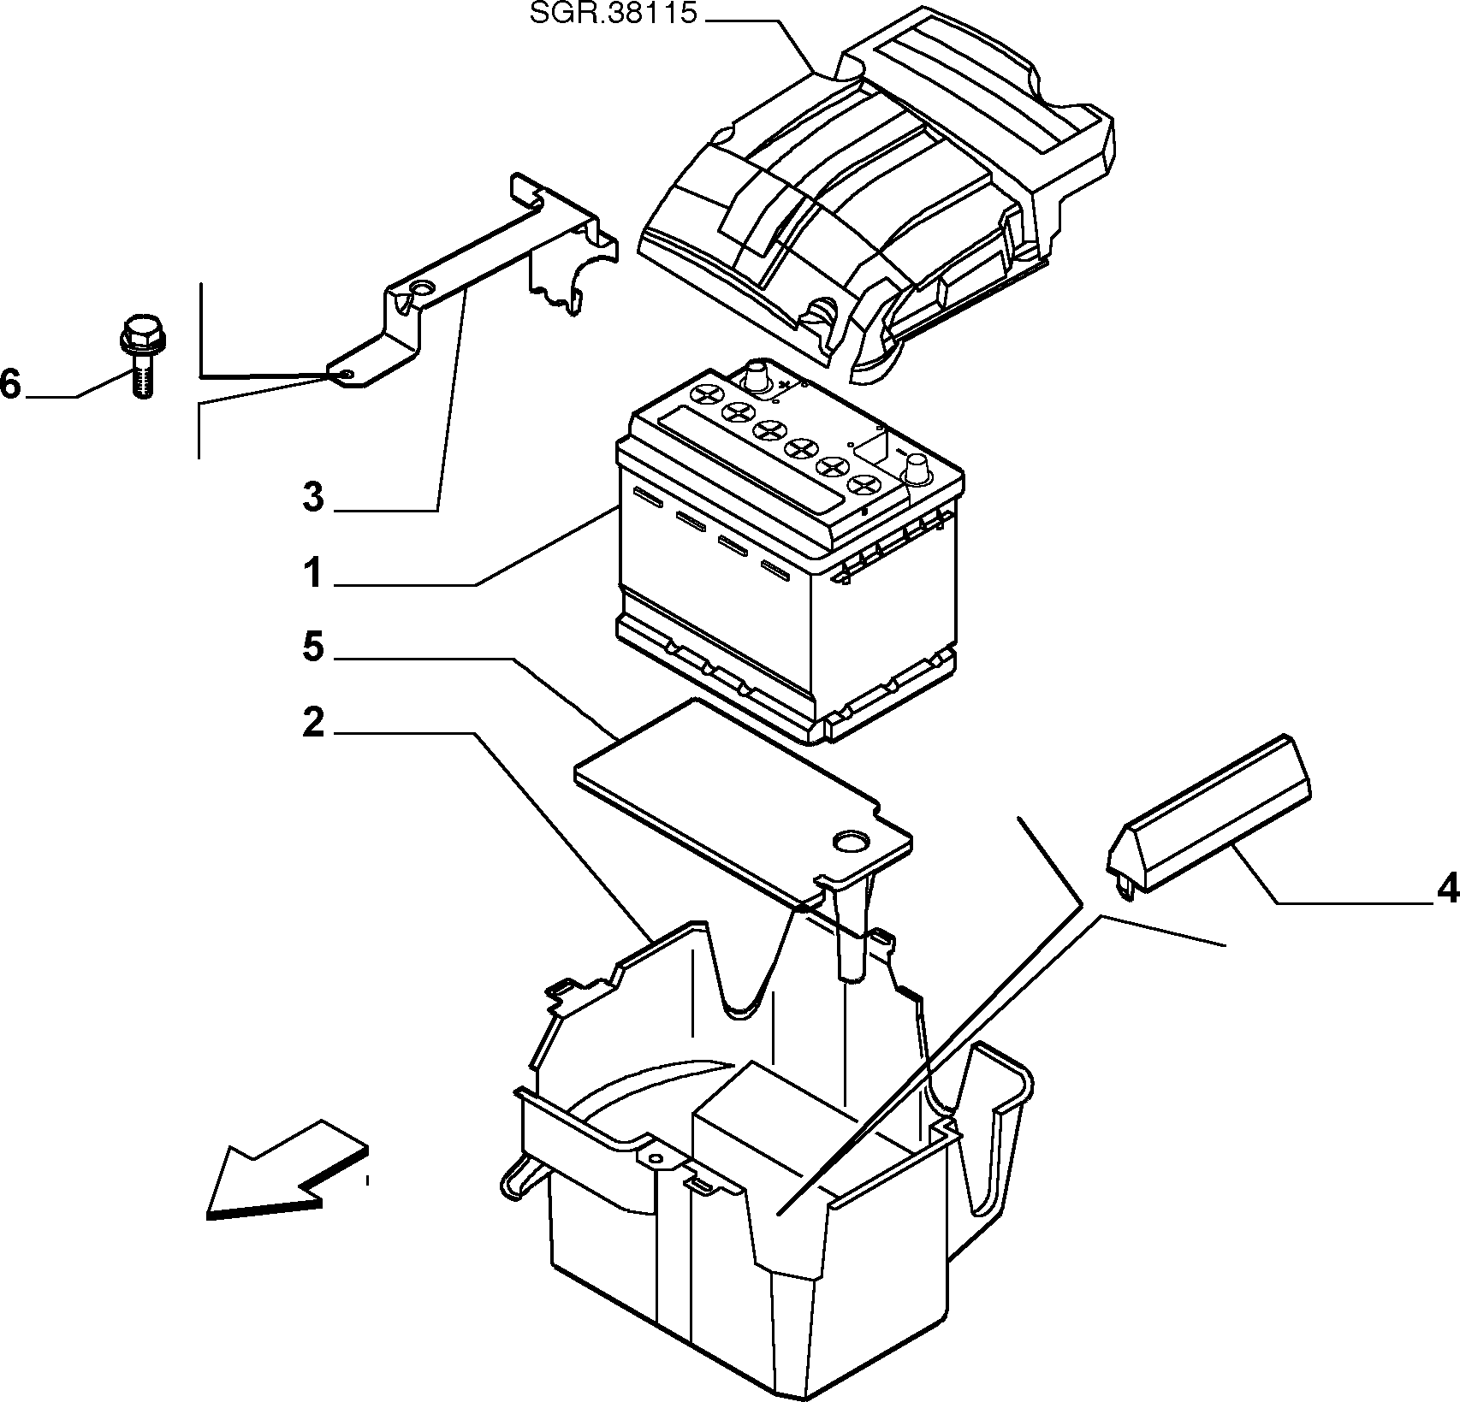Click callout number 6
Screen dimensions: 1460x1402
(x=9, y=385)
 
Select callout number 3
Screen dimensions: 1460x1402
(x=313, y=497)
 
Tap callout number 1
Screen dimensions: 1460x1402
(x=314, y=572)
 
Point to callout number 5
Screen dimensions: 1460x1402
(x=313, y=648)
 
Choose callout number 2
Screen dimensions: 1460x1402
(x=313, y=724)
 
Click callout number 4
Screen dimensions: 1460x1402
(x=1447, y=890)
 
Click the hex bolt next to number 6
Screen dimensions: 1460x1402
(x=139, y=357)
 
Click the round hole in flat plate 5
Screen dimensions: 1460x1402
(x=852, y=842)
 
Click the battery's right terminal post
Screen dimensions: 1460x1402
(x=918, y=470)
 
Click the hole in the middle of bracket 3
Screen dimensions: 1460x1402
(x=421, y=286)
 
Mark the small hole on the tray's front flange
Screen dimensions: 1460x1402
(x=656, y=1158)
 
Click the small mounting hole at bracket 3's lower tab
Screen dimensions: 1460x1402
(x=345, y=374)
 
